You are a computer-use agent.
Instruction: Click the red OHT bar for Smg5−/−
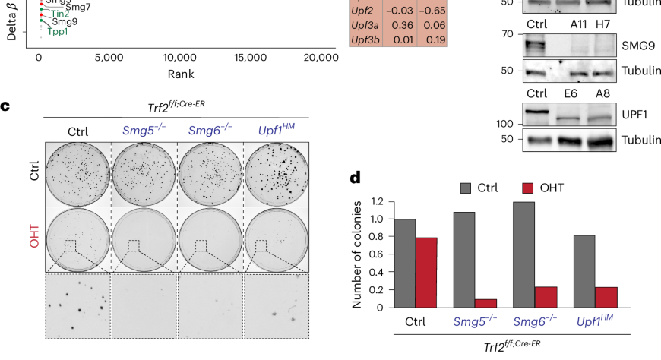[463, 303]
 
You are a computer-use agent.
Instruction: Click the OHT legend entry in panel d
[560, 188]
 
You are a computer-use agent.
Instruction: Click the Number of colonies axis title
[355, 254]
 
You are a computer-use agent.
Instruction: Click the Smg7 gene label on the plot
[78, 7]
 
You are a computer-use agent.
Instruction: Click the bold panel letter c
[5, 106]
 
